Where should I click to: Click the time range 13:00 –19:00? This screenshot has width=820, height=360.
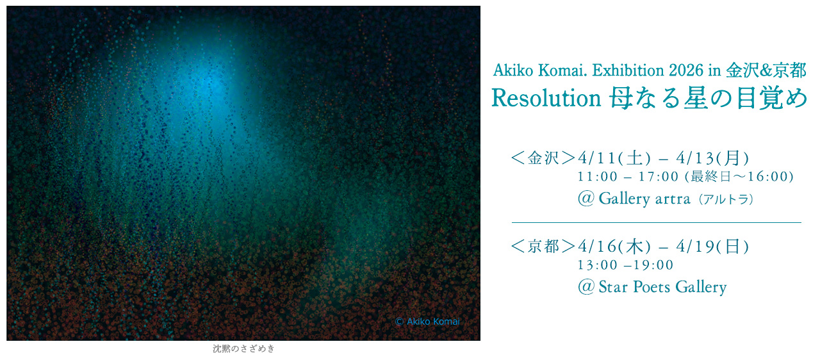(x=625, y=265)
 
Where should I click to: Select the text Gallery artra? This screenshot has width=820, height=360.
(x=644, y=199)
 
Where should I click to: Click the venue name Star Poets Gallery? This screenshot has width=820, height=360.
(x=662, y=287)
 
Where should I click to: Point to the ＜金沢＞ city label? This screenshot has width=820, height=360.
(x=543, y=158)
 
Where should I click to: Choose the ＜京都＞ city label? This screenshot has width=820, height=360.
(x=543, y=247)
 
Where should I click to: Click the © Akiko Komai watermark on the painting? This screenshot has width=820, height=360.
(x=427, y=322)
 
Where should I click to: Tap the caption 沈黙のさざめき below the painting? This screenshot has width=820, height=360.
(x=243, y=349)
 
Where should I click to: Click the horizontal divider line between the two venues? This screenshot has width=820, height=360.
(x=656, y=222)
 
